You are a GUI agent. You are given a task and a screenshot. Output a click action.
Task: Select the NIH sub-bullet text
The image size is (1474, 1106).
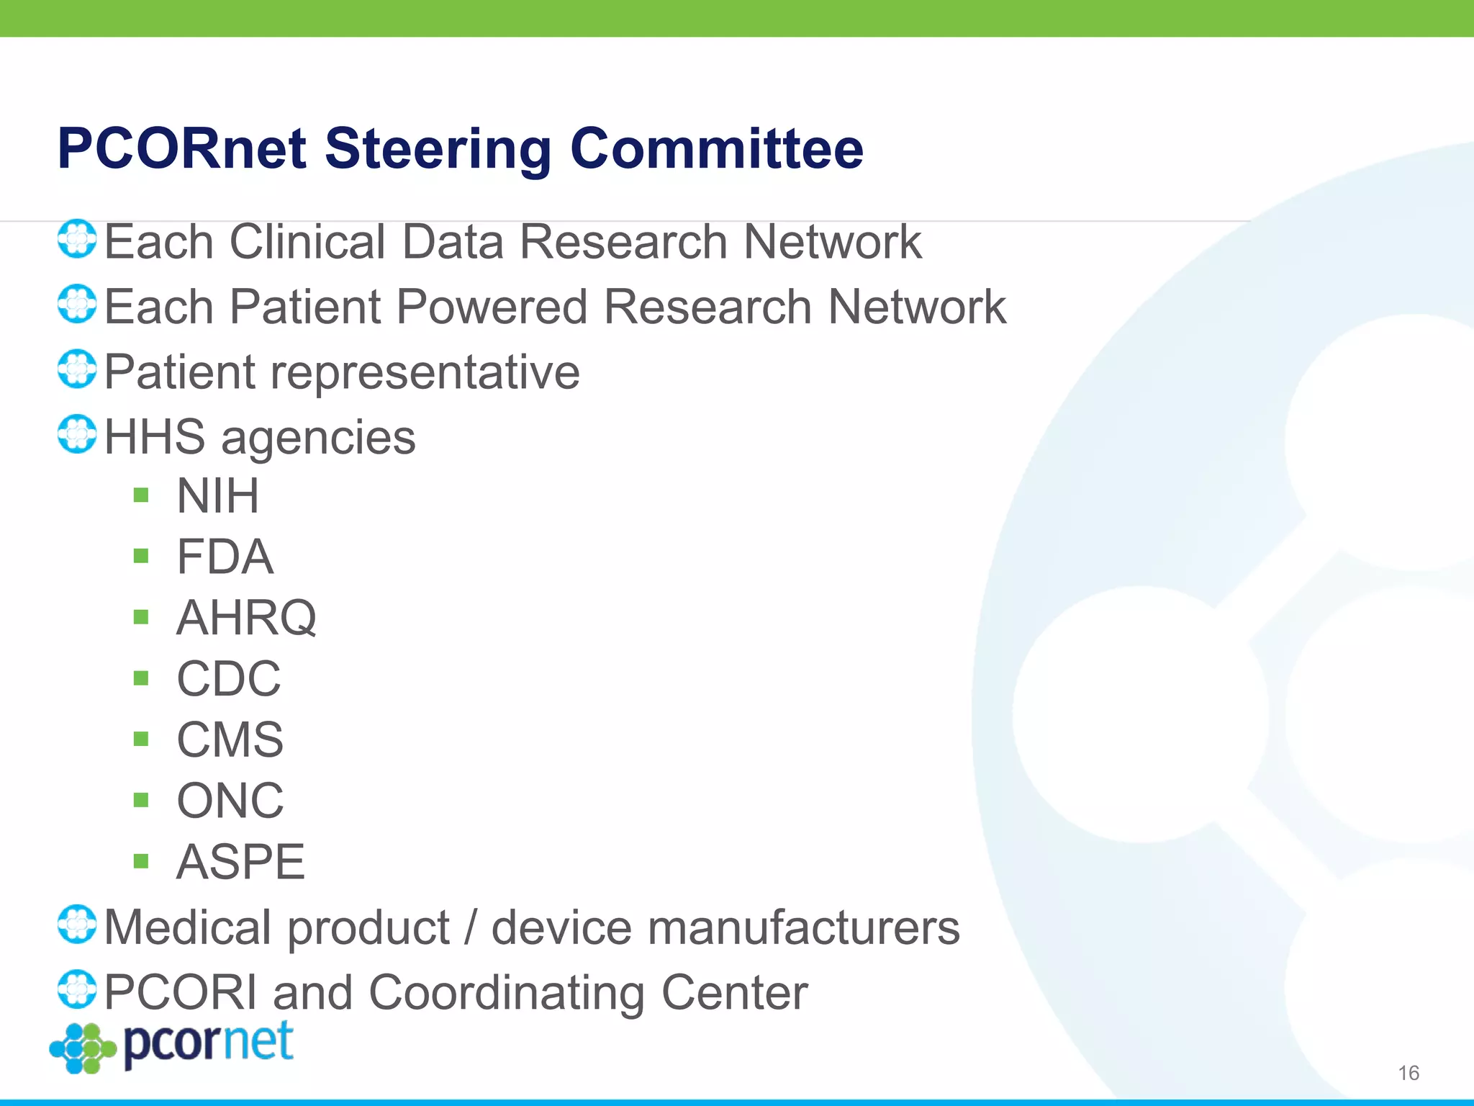pos(217,496)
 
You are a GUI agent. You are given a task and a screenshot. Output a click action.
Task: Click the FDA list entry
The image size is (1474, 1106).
pos(225,557)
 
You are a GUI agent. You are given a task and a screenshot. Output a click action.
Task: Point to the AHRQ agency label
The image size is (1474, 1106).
pos(246,618)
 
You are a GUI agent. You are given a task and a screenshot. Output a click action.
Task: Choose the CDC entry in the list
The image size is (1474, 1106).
pos(229,678)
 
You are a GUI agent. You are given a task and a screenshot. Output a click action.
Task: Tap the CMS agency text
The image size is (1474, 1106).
pos(230,739)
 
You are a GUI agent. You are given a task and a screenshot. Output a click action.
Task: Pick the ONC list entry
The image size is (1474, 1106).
pos(230,801)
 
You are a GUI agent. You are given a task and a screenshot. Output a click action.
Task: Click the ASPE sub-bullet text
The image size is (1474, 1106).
pos(240,862)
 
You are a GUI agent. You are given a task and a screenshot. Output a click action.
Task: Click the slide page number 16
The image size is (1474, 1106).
pos(1408,1073)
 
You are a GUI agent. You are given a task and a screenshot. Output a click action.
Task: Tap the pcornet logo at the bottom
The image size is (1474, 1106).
pos(173,1046)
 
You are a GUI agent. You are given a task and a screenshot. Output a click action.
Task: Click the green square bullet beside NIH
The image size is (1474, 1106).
pos(141,495)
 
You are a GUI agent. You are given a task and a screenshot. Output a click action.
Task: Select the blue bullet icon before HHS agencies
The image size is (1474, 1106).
pos(77,434)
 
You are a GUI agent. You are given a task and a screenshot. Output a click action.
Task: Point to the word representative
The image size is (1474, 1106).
pos(425,372)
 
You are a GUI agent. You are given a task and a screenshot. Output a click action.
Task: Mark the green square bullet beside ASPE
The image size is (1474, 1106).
pos(141,861)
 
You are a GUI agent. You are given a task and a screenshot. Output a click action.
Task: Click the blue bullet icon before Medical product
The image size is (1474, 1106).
pos(77,925)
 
